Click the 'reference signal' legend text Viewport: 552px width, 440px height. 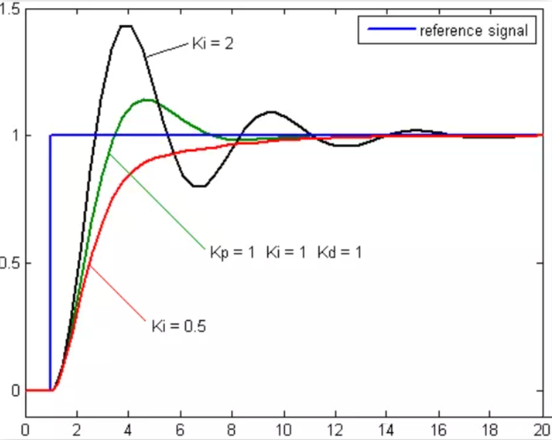473,31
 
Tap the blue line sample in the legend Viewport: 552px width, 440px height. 387,31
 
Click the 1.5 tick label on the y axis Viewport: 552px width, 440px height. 12,8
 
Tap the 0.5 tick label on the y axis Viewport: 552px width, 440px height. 12,263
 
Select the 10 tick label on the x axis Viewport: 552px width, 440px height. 283,429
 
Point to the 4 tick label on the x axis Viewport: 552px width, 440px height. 129,429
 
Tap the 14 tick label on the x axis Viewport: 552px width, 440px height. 386,429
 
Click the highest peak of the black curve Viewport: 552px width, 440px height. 126,26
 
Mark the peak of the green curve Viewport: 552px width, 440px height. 146,99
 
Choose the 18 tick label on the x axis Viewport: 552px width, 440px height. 489,429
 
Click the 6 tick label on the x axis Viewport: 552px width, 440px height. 180,429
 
